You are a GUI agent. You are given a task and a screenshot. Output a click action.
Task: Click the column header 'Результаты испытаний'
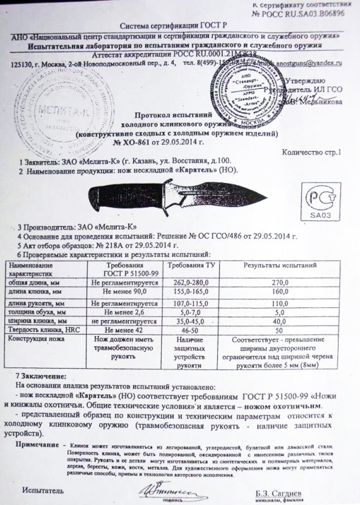coord(276,269)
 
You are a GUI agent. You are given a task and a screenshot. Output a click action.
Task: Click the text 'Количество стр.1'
coord(313,151)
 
